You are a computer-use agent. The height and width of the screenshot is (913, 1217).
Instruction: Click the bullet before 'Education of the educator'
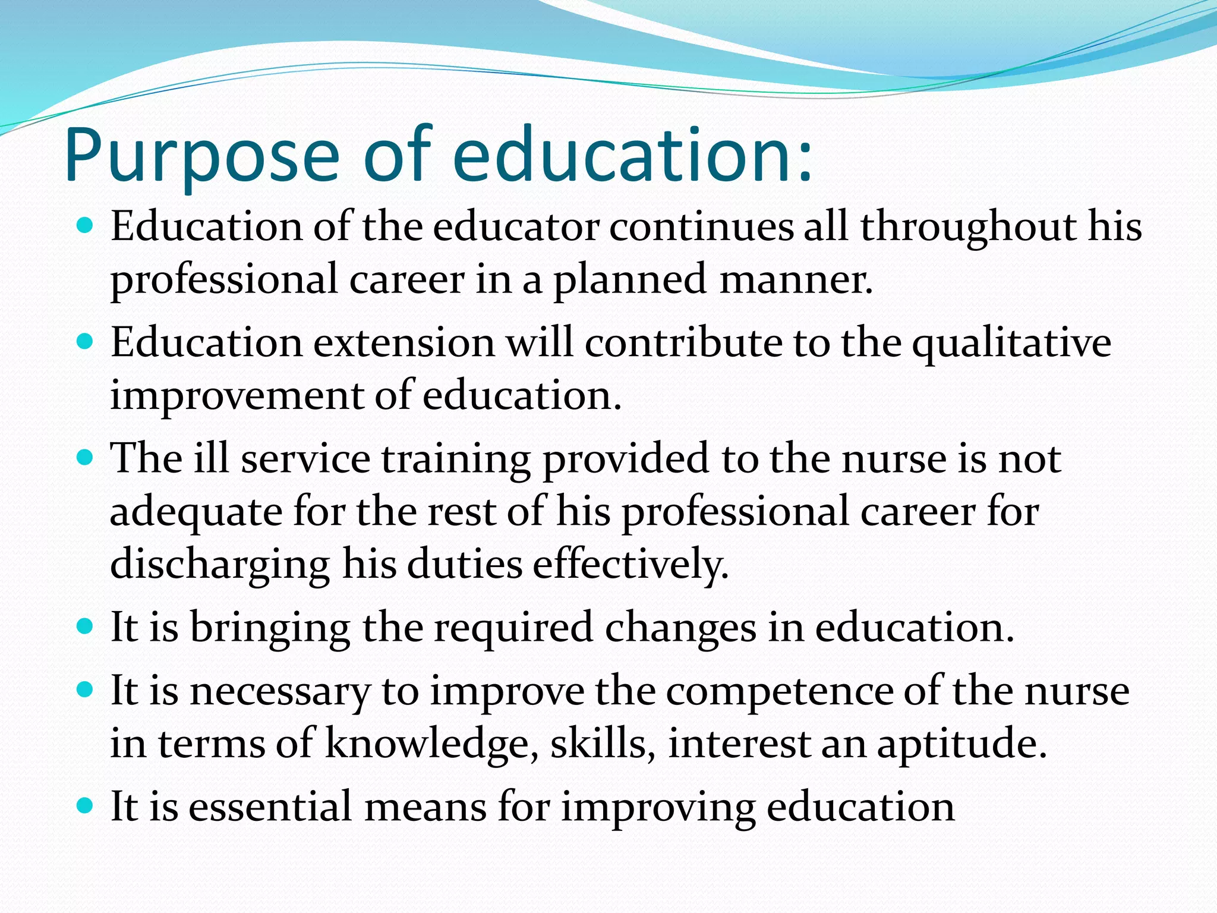[x=86, y=226]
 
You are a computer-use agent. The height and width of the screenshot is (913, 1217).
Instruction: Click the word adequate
[x=196, y=512]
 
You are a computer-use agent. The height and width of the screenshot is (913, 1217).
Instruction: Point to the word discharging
[x=220, y=565]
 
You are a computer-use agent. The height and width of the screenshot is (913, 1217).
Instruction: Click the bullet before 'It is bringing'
[x=86, y=626]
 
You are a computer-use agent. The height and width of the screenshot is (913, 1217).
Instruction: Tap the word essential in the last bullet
[x=270, y=807]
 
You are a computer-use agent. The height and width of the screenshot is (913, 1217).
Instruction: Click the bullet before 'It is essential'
[x=86, y=806]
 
